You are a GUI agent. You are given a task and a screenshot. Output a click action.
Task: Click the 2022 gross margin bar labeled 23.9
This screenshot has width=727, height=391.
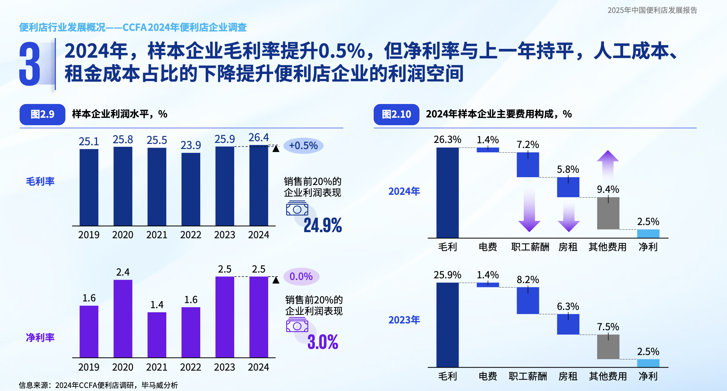point(191,189)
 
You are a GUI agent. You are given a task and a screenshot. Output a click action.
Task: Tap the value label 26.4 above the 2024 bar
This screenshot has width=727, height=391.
point(259,137)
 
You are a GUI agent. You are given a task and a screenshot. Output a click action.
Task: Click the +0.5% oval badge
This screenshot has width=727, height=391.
point(303,146)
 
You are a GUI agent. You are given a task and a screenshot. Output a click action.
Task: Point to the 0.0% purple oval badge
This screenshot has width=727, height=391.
point(301,276)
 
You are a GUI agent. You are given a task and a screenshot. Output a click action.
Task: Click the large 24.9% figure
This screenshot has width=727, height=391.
point(322,225)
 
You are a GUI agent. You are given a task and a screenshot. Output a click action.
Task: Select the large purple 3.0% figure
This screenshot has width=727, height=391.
point(322,342)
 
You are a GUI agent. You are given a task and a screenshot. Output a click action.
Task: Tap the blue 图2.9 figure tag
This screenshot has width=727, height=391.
point(42,114)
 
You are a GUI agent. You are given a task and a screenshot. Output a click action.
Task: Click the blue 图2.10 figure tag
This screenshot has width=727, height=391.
point(396,114)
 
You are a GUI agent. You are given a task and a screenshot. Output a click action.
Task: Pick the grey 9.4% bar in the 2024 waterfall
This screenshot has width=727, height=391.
point(608,213)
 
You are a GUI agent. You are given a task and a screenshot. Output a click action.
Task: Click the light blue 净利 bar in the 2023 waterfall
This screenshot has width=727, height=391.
point(648,363)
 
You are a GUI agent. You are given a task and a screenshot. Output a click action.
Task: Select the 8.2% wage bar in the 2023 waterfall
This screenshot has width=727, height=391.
point(528,300)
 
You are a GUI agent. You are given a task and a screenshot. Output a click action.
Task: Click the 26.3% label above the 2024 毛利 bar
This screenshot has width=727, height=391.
point(447,139)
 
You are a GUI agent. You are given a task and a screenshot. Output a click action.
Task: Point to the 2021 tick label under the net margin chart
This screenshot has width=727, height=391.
point(157,367)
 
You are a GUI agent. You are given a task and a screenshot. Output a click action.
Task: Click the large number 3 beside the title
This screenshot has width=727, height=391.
point(30,64)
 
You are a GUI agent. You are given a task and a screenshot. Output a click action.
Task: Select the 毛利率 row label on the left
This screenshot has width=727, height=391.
point(40,181)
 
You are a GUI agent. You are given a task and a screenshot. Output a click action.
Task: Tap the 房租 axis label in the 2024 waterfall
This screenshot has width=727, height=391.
point(568,247)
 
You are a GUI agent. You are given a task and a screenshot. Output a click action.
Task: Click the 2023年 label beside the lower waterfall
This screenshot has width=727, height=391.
point(404,320)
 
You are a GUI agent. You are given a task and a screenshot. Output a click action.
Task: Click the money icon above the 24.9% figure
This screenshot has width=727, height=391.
point(297,208)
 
